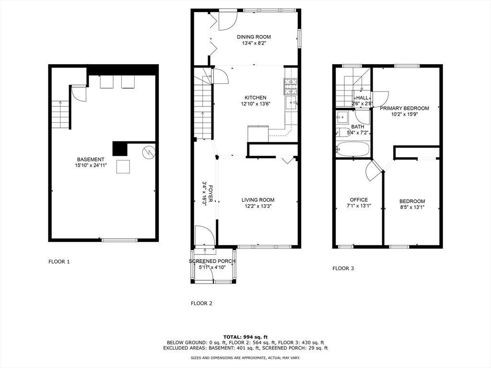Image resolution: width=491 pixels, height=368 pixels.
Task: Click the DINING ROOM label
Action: click(x=254, y=37)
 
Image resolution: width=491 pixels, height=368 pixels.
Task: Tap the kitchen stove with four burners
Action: click(x=291, y=87)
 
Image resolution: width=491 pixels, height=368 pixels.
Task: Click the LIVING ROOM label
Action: click(x=257, y=200)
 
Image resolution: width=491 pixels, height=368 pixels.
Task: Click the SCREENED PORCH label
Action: click(x=212, y=261)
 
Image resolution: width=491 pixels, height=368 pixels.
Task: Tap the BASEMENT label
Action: click(x=91, y=160)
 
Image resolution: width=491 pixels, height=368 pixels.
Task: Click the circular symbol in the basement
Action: click(x=149, y=152)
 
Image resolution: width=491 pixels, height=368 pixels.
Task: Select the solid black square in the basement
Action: click(x=120, y=149)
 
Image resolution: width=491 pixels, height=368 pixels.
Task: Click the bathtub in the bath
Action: click(x=352, y=149)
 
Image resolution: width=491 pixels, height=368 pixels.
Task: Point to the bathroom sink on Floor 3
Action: click(x=341, y=117)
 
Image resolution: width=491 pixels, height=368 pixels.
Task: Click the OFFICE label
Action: click(x=359, y=200)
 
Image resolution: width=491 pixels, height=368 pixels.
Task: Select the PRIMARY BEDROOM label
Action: click(x=404, y=108)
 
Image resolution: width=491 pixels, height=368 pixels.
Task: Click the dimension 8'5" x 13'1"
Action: click(x=412, y=207)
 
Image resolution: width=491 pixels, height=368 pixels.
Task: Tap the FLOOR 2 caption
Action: click(x=201, y=303)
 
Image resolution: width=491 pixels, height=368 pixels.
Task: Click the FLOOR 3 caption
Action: click(x=343, y=268)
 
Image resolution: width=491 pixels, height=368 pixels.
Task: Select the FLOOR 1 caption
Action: click(x=59, y=262)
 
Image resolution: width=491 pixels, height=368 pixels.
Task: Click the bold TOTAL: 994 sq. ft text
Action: click(x=245, y=337)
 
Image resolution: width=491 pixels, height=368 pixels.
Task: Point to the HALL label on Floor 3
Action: click(x=362, y=98)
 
